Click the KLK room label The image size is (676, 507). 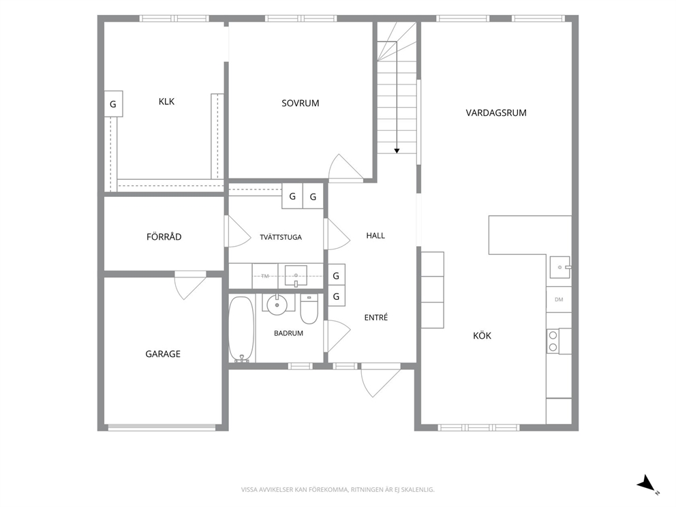[x=166, y=102]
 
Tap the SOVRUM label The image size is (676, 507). [x=300, y=104]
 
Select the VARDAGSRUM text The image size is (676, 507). [x=496, y=113]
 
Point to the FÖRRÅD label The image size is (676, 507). [x=164, y=236]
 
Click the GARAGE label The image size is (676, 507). [x=163, y=354]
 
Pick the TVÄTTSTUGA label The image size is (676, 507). [x=281, y=237]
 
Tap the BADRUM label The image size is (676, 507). [x=288, y=333]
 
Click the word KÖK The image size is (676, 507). [x=482, y=335]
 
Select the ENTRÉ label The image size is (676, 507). [x=376, y=318]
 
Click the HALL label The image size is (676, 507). [x=375, y=235]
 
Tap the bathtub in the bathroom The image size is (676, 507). [x=241, y=329]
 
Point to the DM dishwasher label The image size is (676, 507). [x=559, y=300]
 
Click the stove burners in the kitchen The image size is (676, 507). [x=553, y=341]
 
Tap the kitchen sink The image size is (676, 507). [x=559, y=267]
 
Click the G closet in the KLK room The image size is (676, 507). [x=113, y=104]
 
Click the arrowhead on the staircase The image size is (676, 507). [x=397, y=151]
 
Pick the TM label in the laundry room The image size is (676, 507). [x=264, y=276]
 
